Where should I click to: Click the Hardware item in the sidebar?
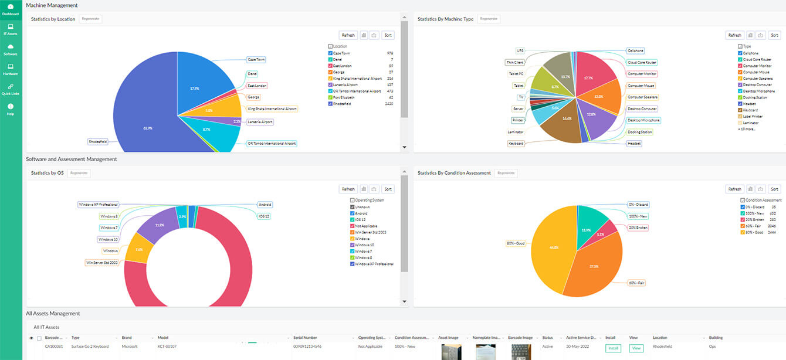point(11,70)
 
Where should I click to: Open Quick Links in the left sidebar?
point(11,89)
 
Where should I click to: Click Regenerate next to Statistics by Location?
point(91,19)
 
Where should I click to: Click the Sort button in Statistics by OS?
point(388,189)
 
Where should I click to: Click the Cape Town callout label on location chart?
point(256,60)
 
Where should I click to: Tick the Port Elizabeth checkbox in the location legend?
point(330,97)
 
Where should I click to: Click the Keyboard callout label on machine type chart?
point(516,144)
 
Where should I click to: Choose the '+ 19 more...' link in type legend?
point(747,129)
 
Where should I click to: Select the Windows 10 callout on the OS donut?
point(109,239)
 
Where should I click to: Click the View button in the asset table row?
point(636,348)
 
